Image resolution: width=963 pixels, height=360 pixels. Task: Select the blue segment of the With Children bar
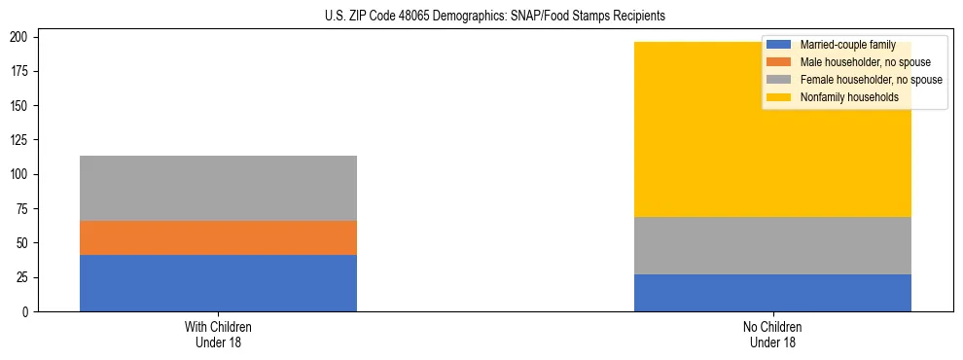pos(218,283)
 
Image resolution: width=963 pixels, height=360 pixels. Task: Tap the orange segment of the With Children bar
pos(218,237)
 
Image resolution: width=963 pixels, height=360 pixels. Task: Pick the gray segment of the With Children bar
pos(218,188)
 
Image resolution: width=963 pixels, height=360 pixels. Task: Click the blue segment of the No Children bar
pos(772,293)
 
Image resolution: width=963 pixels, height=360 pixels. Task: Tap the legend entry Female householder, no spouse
pos(870,80)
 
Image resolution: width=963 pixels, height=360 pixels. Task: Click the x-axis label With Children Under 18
pos(218,334)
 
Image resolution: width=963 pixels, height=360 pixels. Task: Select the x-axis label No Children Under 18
pos(772,334)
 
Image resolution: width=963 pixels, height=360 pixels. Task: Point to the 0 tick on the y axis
pos(34,311)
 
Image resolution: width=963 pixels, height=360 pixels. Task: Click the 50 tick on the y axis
pos(31,243)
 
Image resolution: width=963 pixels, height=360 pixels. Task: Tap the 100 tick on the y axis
pos(28,174)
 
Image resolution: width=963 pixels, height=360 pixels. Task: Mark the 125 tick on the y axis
pos(28,140)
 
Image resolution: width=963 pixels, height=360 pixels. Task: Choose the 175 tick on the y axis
pos(28,71)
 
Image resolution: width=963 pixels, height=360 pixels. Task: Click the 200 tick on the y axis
pos(28,37)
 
